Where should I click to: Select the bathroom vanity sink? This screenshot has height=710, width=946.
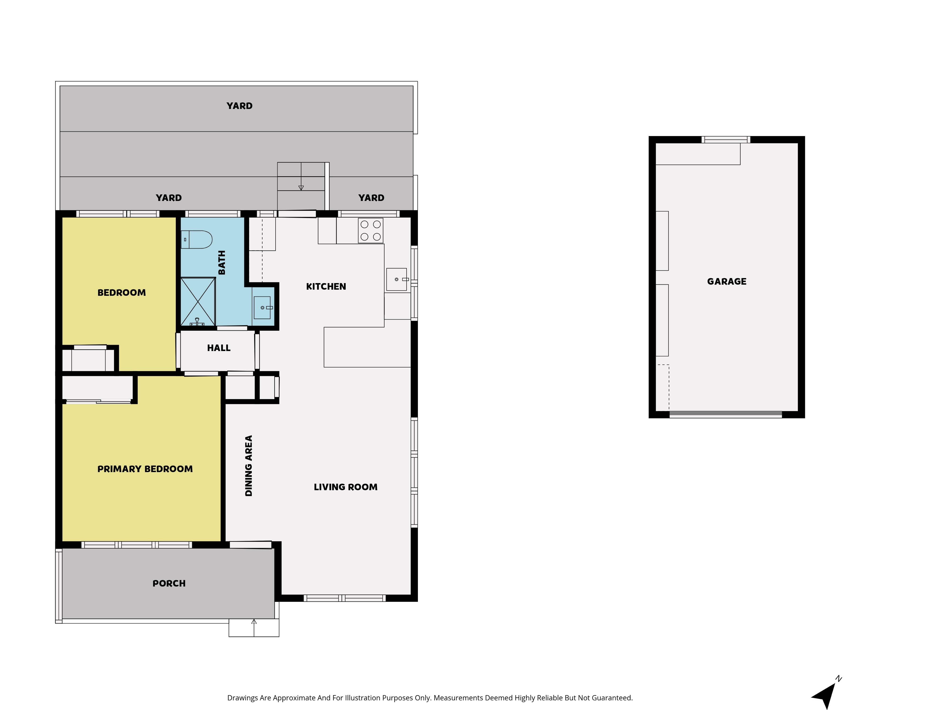pyautogui.click(x=262, y=307)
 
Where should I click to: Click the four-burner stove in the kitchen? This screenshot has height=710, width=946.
pyautogui.click(x=370, y=231)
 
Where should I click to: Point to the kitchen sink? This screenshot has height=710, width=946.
pyautogui.click(x=397, y=280)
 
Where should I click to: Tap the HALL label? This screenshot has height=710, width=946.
pyautogui.click(x=219, y=348)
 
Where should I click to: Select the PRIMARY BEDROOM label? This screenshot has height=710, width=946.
pyautogui.click(x=145, y=469)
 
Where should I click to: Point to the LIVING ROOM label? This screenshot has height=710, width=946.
pyautogui.click(x=346, y=487)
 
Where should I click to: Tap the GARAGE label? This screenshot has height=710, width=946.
pyautogui.click(x=727, y=282)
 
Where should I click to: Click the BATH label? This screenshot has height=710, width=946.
pyautogui.click(x=222, y=262)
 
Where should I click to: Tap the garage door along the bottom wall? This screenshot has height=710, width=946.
pyautogui.click(x=726, y=414)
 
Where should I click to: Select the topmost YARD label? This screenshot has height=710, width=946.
pyautogui.click(x=240, y=106)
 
